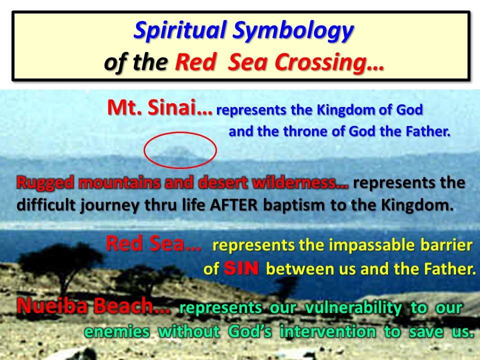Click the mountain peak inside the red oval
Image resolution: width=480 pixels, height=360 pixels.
click(177, 150)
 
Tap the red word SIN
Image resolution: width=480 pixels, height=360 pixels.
click(241, 268)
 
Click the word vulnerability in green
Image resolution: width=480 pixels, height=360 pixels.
click(353, 308)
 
